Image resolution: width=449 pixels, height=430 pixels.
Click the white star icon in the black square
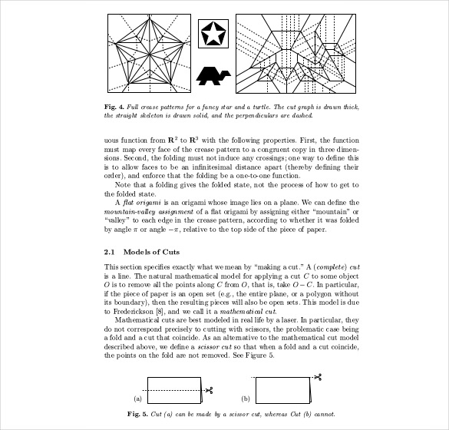click(214, 34)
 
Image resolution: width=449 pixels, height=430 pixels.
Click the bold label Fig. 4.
click(115, 106)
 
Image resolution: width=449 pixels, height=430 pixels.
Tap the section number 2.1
click(110, 251)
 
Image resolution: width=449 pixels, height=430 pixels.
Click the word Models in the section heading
click(140, 251)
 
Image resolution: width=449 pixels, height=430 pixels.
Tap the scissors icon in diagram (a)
click(207, 390)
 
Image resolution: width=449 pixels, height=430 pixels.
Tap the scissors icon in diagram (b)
click(316, 377)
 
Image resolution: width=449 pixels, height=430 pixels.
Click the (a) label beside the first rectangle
click(138, 399)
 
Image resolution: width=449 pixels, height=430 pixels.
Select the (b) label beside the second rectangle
click(246, 399)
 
